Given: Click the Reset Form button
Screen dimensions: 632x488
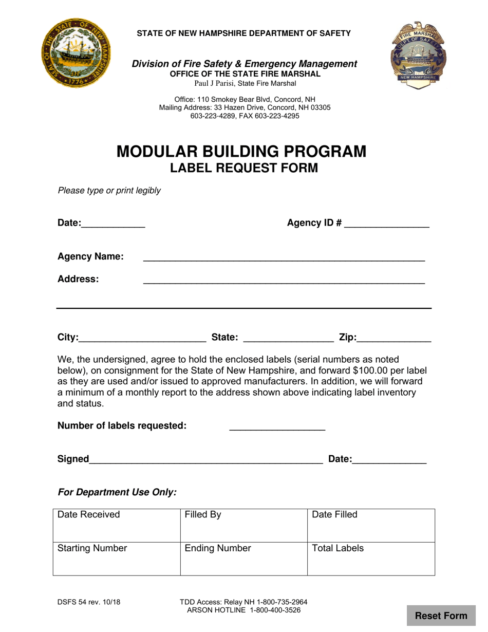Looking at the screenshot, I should point(441,616).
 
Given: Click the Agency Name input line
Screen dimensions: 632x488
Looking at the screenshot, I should point(284,257).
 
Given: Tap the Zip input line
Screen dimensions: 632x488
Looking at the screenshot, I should point(393,338).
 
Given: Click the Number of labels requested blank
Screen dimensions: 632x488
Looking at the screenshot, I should point(277,426).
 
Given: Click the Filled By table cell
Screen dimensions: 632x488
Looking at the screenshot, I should point(243,525).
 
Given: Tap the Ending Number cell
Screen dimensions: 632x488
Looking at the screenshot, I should point(243,559).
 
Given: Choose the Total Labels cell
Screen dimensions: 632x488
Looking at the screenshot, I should point(371,559).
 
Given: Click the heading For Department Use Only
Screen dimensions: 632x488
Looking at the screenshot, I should point(117,492).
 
